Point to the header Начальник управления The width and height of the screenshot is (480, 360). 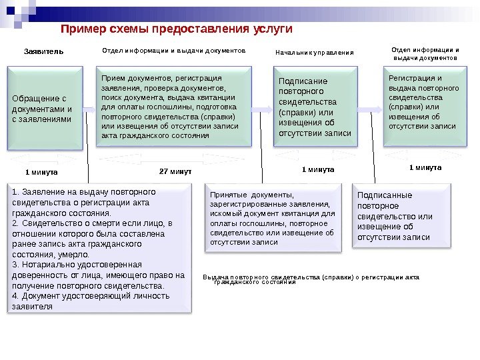pos(315,51)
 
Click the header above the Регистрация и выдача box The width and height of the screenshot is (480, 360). pos(425,53)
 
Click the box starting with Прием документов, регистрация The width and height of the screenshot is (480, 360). pos(175,106)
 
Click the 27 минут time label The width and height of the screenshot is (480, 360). pos(175,171)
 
